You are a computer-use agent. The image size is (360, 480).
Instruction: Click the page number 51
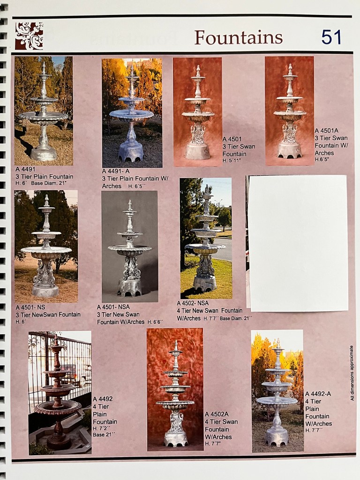tap(331, 37)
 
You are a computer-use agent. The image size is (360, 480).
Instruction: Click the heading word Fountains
tap(238, 37)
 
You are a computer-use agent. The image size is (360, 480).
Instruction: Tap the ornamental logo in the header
tap(29, 36)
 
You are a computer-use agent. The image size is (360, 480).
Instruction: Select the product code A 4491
tap(26, 169)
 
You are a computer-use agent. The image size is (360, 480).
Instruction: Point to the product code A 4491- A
tap(116, 171)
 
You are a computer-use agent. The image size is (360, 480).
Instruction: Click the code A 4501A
tap(326, 131)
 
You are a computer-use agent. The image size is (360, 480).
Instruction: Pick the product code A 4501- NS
tap(30, 307)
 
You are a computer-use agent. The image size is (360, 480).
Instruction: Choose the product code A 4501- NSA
tap(113, 307)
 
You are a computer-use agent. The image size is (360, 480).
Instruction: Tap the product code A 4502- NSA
tap(193, 303)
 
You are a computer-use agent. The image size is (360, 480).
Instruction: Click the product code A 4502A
tap(217, 414)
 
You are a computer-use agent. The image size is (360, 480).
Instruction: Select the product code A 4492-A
tap(318, 394)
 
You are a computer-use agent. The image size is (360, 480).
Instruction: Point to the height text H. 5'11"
tap(232, 160)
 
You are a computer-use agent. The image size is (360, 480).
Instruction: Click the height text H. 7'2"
tap(101, 428)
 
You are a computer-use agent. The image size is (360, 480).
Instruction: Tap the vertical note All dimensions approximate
tap(352, 373)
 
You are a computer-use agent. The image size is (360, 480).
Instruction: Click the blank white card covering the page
tap(297, 243)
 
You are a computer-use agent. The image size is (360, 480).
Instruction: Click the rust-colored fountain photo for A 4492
tap(60, 392)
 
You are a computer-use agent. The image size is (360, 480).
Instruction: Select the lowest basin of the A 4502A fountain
tap(175, 404)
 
